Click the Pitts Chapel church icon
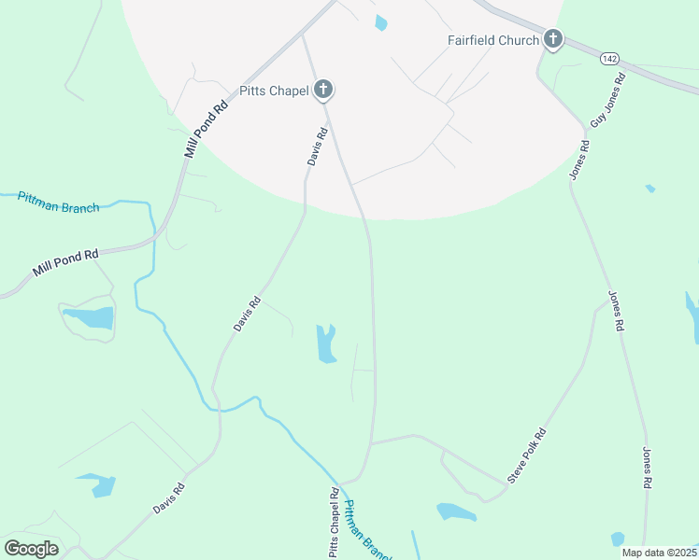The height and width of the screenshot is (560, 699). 323,91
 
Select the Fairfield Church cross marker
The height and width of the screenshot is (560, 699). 553,40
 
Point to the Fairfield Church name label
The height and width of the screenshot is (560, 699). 491,40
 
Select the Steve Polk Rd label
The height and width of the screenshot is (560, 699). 526,456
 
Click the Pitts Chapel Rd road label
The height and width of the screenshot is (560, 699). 333,522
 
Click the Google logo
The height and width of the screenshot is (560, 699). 31,549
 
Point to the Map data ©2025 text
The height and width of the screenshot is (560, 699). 660,553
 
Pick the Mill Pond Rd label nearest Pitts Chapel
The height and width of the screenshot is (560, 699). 207,127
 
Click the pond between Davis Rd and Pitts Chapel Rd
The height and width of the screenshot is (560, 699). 325,343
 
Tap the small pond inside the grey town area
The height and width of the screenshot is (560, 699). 379,23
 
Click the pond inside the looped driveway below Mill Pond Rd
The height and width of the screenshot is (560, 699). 90,317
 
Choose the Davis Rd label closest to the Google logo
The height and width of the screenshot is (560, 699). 169,499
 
